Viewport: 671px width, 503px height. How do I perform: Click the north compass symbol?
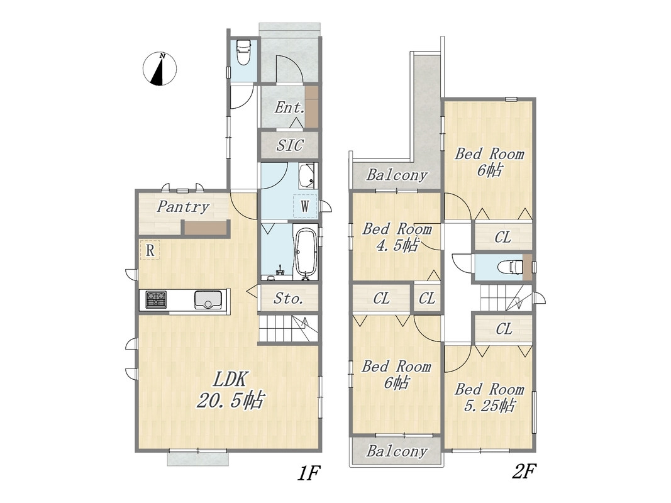[x=160, y=69]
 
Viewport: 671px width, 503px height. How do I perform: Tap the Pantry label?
[x=183, y=207]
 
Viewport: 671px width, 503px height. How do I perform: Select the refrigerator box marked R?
[x=150, y=250]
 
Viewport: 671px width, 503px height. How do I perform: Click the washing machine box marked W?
[x=305, y=206]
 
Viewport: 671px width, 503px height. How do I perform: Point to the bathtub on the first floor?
[x=306, y=253]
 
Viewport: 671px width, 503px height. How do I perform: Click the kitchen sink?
[x=208, y=299]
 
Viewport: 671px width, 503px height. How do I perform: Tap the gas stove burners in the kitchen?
[x=156, y=299]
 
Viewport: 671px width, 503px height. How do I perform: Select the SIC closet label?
[x=290, y=145]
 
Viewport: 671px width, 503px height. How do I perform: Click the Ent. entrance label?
[x=290, y=107]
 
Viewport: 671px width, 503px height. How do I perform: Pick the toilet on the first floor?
[x=243, y=52]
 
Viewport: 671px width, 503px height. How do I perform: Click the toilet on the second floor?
[x=511, y=267]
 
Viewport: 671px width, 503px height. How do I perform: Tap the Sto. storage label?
[x=289, y=298]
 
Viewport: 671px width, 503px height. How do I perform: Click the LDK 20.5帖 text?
[x=231, y=390]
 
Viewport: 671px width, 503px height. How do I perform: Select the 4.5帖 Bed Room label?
[x=397, y=237]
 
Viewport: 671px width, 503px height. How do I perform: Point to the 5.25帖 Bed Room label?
[x=489, y=397]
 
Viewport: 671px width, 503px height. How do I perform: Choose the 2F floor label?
[x=524, y=472]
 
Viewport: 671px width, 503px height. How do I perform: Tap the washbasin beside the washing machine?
[x=307, y=176]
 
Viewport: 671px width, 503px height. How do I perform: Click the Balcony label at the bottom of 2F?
[x=397, y=451]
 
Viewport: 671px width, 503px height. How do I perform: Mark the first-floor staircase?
[x=289, y=328]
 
